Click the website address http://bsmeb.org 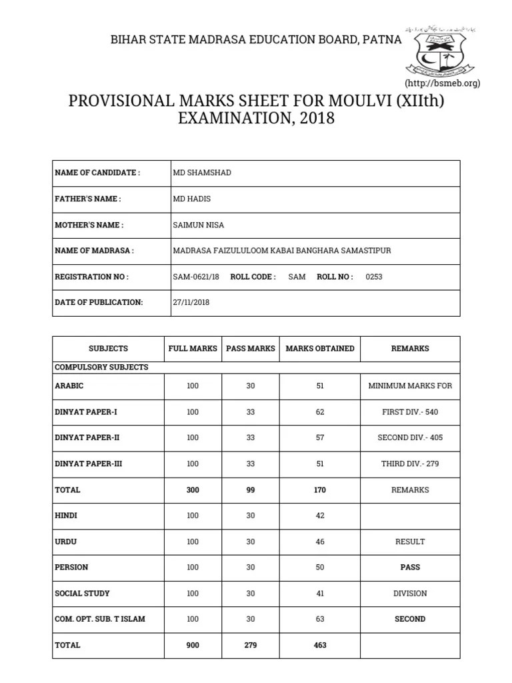point(442,83)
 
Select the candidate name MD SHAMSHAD point(202,173)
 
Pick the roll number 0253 point(374,277)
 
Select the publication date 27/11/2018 point(191,302)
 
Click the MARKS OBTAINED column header point(320,349)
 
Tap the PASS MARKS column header point(251,349)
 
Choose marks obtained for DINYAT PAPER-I point(320,412)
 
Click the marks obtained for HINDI point(320,516)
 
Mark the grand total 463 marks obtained point(320,645)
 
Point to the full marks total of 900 point(193,645)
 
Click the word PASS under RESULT point(410,568)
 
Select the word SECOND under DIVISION point(410,619)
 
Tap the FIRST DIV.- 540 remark point(410,412)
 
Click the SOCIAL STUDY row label point(82,594)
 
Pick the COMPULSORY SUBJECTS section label point(101,368)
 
